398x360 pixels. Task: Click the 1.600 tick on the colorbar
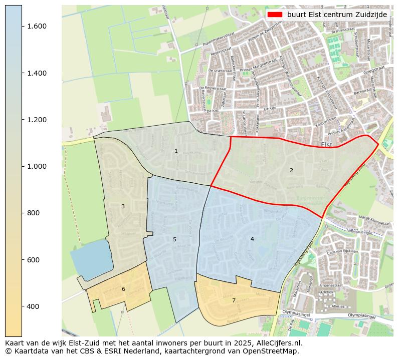point(37,27)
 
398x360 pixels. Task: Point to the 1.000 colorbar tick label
point(37,166)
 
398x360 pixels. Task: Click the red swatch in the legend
point(275,15)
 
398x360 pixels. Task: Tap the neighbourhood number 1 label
point(176,151)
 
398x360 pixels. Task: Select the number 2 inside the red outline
point(291,170)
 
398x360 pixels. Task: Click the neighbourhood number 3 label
point(123,206)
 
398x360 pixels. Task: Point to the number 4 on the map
point(252,239)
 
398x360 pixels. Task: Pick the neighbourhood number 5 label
point(174,239)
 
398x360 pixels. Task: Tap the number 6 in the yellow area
point(123,289)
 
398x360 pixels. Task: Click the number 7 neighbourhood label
point(234,300)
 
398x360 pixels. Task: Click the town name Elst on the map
point(327,145)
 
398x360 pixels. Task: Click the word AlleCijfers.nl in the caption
point(279,343)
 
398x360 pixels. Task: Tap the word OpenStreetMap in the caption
point(274,351)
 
